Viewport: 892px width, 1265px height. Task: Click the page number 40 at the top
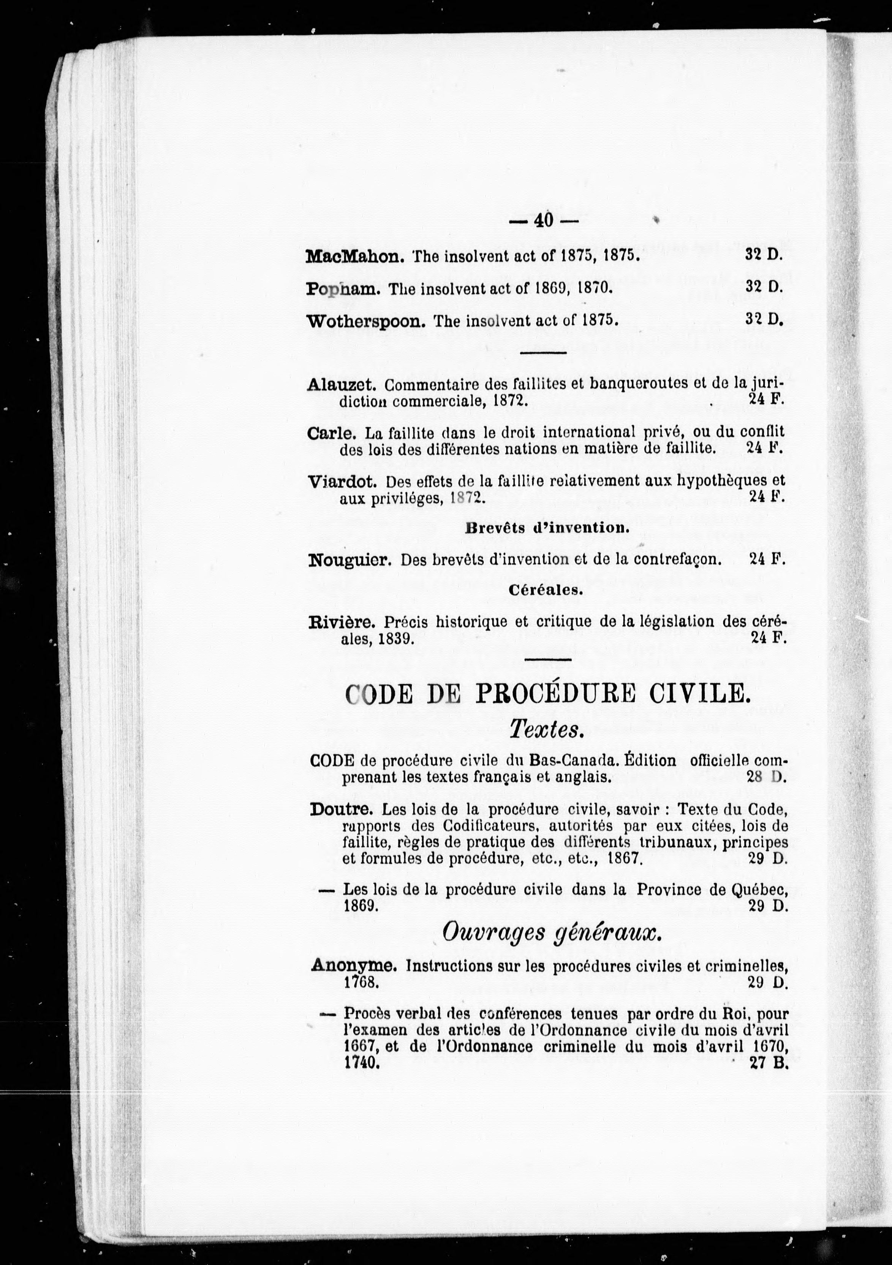coord(542,220)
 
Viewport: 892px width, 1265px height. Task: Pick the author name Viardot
coord(342,482)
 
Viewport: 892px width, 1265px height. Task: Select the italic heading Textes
coord(546,730)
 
